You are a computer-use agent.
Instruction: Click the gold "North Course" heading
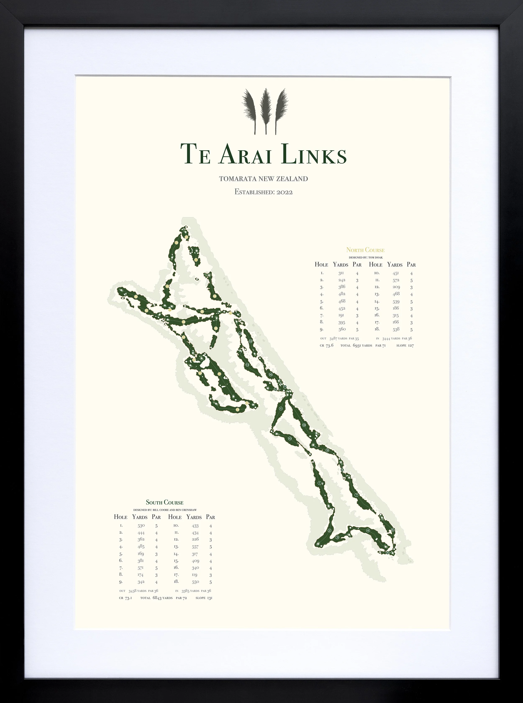(365, 250)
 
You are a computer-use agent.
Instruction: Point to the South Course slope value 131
(209, 598)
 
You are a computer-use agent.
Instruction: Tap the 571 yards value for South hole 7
(141, 568)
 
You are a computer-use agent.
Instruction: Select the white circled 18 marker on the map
(304, 425)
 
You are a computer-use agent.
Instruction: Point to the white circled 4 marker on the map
(368, 530)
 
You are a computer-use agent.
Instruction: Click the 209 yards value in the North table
(396, 287)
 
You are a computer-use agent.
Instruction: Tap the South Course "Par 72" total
(181, 598)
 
